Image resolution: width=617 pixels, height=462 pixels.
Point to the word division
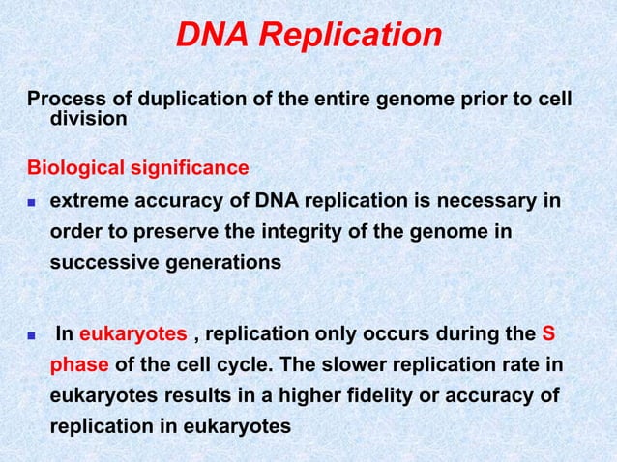pyautogui.click(x=88, y=121)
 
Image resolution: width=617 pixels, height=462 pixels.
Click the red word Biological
pyautogui.click(x=76, y=168)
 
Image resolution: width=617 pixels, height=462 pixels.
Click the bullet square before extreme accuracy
pyautogui.click(x=32, y=203)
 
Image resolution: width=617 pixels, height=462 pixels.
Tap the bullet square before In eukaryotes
pyautogui.click(x=32, y=336)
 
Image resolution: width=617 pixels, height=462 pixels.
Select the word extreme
pyautogui.click(x=89, y=201)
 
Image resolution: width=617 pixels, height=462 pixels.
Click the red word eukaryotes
pyautogui.click(x=132, y=335)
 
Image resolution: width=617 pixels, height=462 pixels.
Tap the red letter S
pyautogui.click(x=548, y=335)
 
